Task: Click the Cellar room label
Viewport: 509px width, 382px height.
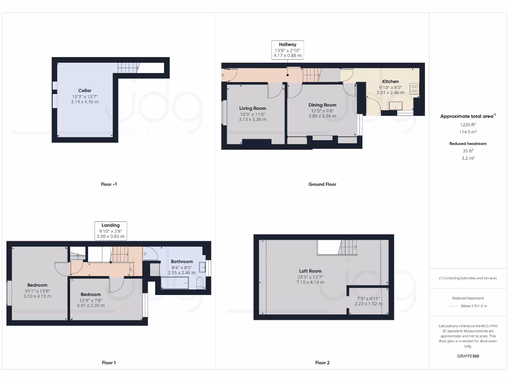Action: click(85, 91)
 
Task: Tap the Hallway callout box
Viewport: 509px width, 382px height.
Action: click(287, 50)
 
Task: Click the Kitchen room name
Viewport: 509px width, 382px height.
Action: click(390, 82)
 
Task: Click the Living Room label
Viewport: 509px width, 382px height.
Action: click(253, 108)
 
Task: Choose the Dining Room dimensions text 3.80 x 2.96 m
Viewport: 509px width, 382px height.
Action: click(322, 116)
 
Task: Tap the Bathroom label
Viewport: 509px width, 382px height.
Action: click(181, 262)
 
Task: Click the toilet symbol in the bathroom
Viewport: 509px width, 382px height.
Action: click(199, 284)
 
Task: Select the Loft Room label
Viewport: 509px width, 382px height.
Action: click(311, 271)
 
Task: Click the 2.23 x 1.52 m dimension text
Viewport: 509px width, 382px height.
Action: click(368, 303)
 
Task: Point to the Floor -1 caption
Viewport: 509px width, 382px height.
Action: click(109, 184)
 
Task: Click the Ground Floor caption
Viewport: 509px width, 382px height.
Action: click(322, 184)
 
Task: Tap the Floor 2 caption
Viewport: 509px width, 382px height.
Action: click(322, 363)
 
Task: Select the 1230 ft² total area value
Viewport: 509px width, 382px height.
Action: click(468, 124)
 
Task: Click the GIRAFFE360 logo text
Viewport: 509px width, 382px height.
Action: click(468, 356)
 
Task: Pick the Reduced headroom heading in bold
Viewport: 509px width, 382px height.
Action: click(468, 144)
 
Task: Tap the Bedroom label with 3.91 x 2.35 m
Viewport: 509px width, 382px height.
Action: click(91, 294)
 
